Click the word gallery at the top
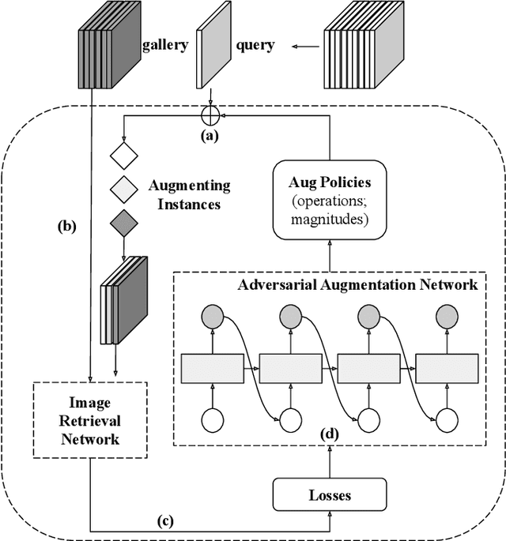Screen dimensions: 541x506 (x=164, y=46)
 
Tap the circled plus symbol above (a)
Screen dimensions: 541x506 (x=210, y=116)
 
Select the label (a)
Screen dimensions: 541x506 (x=210, y=135)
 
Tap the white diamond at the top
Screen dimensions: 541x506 (x=124, y=155)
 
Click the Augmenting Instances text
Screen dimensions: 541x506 (x=189, y=194)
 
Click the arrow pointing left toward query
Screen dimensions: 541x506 (x=298, y=47)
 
